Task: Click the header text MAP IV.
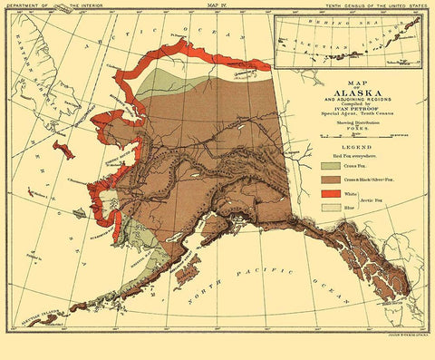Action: click(x=217, y=5)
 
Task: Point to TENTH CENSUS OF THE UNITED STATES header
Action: click(x=372, y=5)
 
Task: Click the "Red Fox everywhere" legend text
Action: click(x=343, y=156)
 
